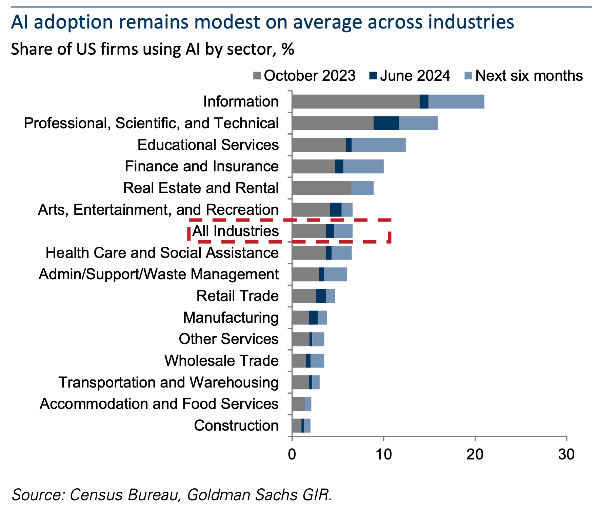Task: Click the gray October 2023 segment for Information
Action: tap(355, 102)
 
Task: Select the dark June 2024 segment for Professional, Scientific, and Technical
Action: tap(386, 123)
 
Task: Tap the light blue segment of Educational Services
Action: tap(378, 145)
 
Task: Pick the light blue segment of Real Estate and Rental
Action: tap(362, 188)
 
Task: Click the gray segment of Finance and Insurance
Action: tap(313, 167)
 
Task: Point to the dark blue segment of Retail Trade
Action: tap(321, 296)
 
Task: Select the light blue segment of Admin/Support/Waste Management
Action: tap(335, 275)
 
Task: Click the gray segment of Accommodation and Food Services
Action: tap(298, 404)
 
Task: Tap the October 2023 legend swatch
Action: tap(257, 76)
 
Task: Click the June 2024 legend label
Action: tap(415, 76)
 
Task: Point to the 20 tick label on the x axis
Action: tap(475, 454)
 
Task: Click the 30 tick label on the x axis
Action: tap(566, 454)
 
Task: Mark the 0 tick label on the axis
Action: tap(292, 454)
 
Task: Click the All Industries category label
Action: tap(235, 231)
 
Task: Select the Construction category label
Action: tap(236, 426)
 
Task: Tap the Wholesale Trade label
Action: tap(221, 361)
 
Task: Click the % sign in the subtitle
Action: tap(288, 50)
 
